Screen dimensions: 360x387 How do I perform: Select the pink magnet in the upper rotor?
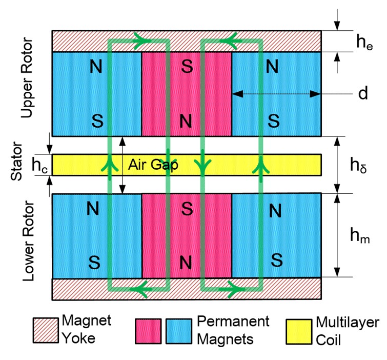tap(187, 93)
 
